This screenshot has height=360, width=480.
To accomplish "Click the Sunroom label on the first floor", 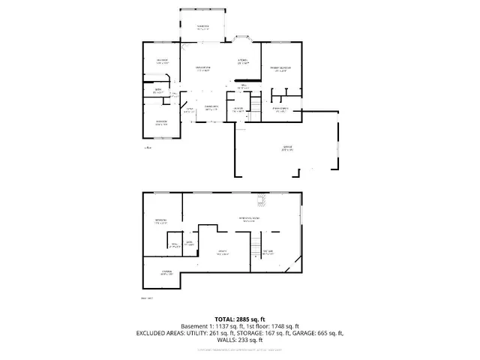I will [x=202, y=28].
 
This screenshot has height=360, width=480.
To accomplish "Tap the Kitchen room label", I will [x=243, y=61].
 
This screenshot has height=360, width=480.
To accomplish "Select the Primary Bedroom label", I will [x=280, y=69].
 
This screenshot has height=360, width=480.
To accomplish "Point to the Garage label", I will [x=288, y=148].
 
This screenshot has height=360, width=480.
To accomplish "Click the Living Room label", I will [x=203, y=69].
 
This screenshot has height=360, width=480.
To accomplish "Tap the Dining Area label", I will [x=211, y=108].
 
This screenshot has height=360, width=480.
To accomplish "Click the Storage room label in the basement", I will [x=166, y=272].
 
